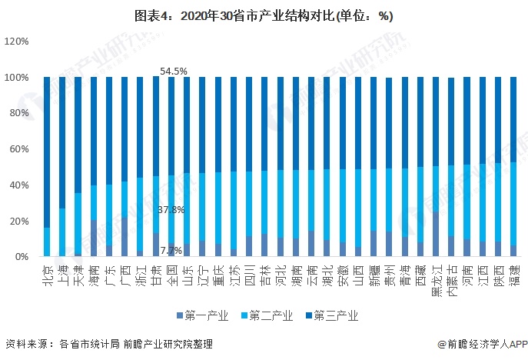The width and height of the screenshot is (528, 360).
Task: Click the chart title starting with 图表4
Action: [264, 15]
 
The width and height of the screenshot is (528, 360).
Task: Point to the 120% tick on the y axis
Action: [16, 42]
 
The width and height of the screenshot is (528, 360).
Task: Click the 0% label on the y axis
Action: [22, 257]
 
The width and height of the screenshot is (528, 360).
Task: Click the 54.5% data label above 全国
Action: [173, 71]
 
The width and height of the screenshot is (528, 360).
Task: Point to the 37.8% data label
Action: [171, 209]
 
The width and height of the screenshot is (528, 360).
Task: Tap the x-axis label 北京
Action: [47, 274]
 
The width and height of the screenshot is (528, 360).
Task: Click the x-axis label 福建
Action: [513, 274]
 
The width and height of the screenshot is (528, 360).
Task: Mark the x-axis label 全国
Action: [171, 274]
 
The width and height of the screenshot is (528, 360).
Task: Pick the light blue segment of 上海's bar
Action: [62, 232]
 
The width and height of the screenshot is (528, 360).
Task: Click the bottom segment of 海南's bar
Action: [94, 238]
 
